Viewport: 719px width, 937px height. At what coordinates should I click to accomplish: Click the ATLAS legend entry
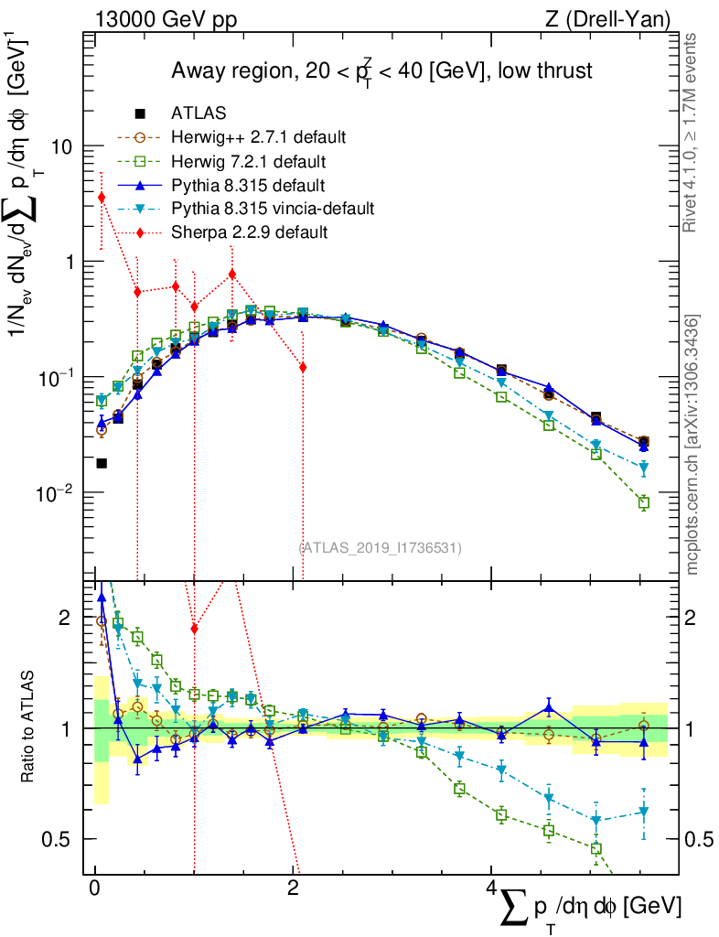[x=199, y=113]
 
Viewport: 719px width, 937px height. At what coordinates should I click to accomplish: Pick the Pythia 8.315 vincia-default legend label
[x=273, y=209]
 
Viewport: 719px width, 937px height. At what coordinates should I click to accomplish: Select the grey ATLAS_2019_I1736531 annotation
[x=380, y=548]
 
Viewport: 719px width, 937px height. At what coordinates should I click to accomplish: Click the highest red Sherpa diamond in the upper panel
[x=102, y=198]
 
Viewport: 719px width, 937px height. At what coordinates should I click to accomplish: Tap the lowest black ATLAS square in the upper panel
[x=102, y=463]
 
